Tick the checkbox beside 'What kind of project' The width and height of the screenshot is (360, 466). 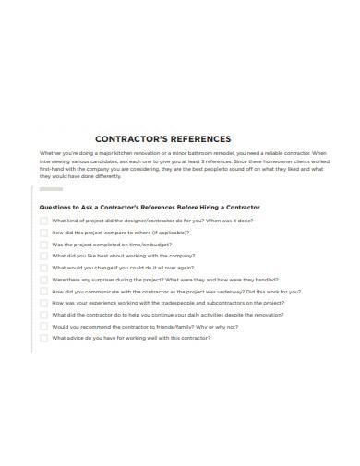[42, 221]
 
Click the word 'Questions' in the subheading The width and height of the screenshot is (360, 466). [54, 207]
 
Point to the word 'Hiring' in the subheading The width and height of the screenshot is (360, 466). [214, 207]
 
